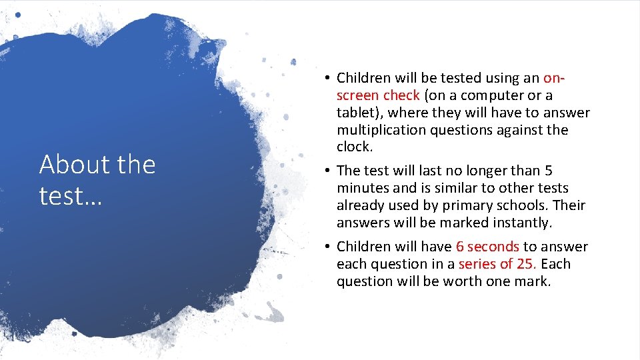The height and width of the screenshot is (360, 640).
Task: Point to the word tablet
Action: tap(357, 113)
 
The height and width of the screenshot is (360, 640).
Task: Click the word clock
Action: tap(353, 147)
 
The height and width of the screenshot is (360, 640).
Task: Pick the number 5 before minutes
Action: tap(548, 171)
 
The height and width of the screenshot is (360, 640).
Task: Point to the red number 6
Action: tap(460, 247)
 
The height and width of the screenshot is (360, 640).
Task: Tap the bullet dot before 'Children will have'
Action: tap(329, 247)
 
